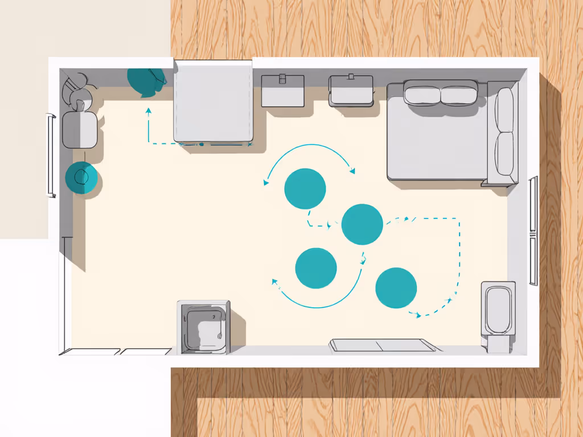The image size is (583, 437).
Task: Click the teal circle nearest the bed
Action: pos(362,224)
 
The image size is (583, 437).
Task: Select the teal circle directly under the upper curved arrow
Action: pos(305,188)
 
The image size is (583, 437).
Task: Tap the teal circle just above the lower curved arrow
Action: pos(316,268)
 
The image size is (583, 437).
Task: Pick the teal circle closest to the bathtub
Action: pos(396,288)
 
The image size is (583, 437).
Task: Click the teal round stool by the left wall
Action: pos(81,178)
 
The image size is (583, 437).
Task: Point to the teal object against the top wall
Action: pos(146,81)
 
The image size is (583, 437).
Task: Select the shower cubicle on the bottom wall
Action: pos(203,327)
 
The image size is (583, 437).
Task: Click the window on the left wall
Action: pos(51,155)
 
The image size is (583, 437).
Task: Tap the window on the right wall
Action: pos(533,230)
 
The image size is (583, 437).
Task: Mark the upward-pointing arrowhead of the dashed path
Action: pos(149,109)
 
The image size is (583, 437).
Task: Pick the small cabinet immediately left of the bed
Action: pos(351,90)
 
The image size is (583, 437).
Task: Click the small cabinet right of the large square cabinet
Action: pos(282,90)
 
